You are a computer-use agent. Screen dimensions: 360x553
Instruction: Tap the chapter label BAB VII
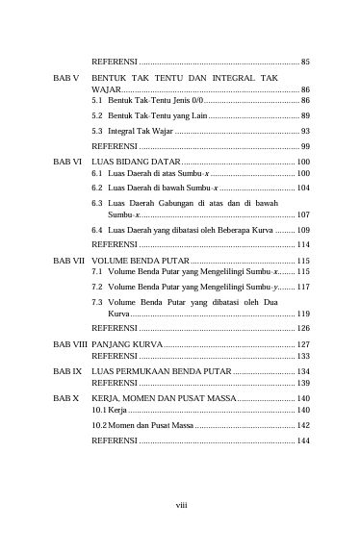pyautogui.click(x=67, y=261)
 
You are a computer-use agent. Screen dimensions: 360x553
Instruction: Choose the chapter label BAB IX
pyautogui.click(x=65, y=370)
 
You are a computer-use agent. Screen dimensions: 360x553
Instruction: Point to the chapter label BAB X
pyautogui.click(x=64, y=397)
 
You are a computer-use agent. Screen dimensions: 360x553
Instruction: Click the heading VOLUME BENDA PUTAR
pyautogui.click(x=141, y=261)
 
